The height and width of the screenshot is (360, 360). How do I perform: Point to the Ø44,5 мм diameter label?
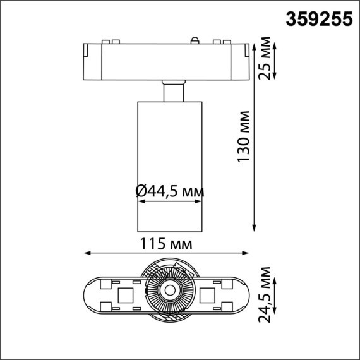[x=170, y=190]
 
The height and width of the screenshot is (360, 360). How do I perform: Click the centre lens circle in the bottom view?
[x=169, y=291]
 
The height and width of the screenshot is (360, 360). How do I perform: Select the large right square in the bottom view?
[x=208, y=294]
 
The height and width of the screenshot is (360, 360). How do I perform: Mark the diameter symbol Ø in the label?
[x=141, y=190]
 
